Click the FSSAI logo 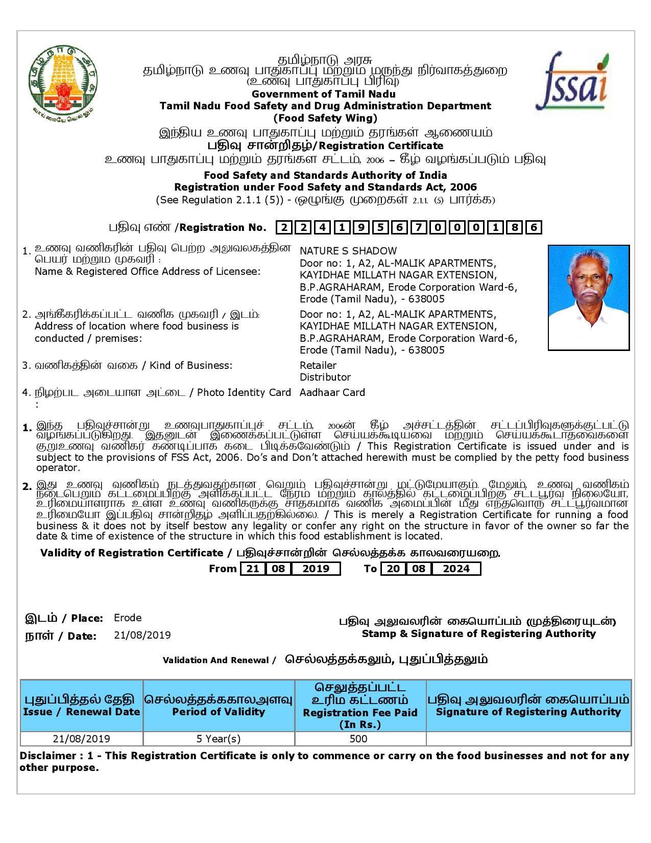(x=572, y=82)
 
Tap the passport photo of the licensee (x=588, y=297)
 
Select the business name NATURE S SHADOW (x=348, y=251)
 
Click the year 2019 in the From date (x=316, y=569)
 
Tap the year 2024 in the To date (x=456, y=569)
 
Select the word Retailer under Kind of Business (x=318, y=365)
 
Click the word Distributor (x=325, y=377)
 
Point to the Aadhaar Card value (x=332, y=392)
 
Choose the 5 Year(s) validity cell (x=219, y=739)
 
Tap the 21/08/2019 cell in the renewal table (x=81, y=739)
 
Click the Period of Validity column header (x=219, y=711)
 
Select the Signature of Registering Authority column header (x=528, y=711)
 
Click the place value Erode (x=128, y=618)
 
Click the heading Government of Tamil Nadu (x=323, y=94)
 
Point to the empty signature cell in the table (x=528, y=739)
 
